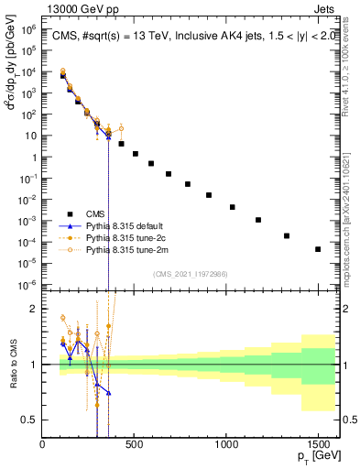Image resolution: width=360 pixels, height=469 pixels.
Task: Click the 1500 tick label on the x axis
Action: (x=318, y=446)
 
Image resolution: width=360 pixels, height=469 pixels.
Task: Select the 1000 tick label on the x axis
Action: (x=226, y=446)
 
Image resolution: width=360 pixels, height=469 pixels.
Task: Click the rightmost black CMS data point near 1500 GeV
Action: (x=318, y=249)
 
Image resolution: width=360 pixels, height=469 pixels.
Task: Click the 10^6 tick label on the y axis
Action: (x=27, y=30)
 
